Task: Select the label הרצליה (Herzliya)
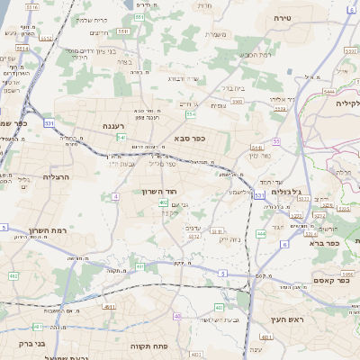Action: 55,177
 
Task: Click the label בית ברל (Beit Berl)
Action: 235,89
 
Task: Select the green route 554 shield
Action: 190,114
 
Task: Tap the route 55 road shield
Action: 276,142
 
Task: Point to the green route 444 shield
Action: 260,233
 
